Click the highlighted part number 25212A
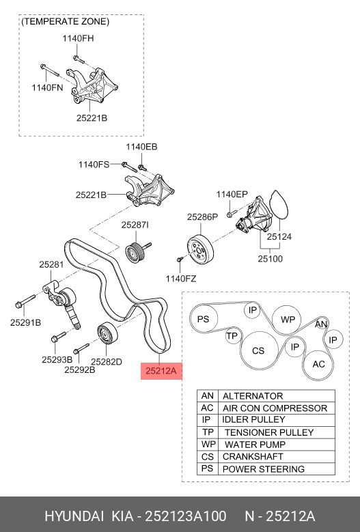click(161, 371)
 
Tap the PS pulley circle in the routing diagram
click(204, 319)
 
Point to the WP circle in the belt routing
click(287, 319)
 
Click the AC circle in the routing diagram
click(318, 365)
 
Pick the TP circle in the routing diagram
click(233, 336)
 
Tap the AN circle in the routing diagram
click(320, 324)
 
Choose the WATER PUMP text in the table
click(255, 445)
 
